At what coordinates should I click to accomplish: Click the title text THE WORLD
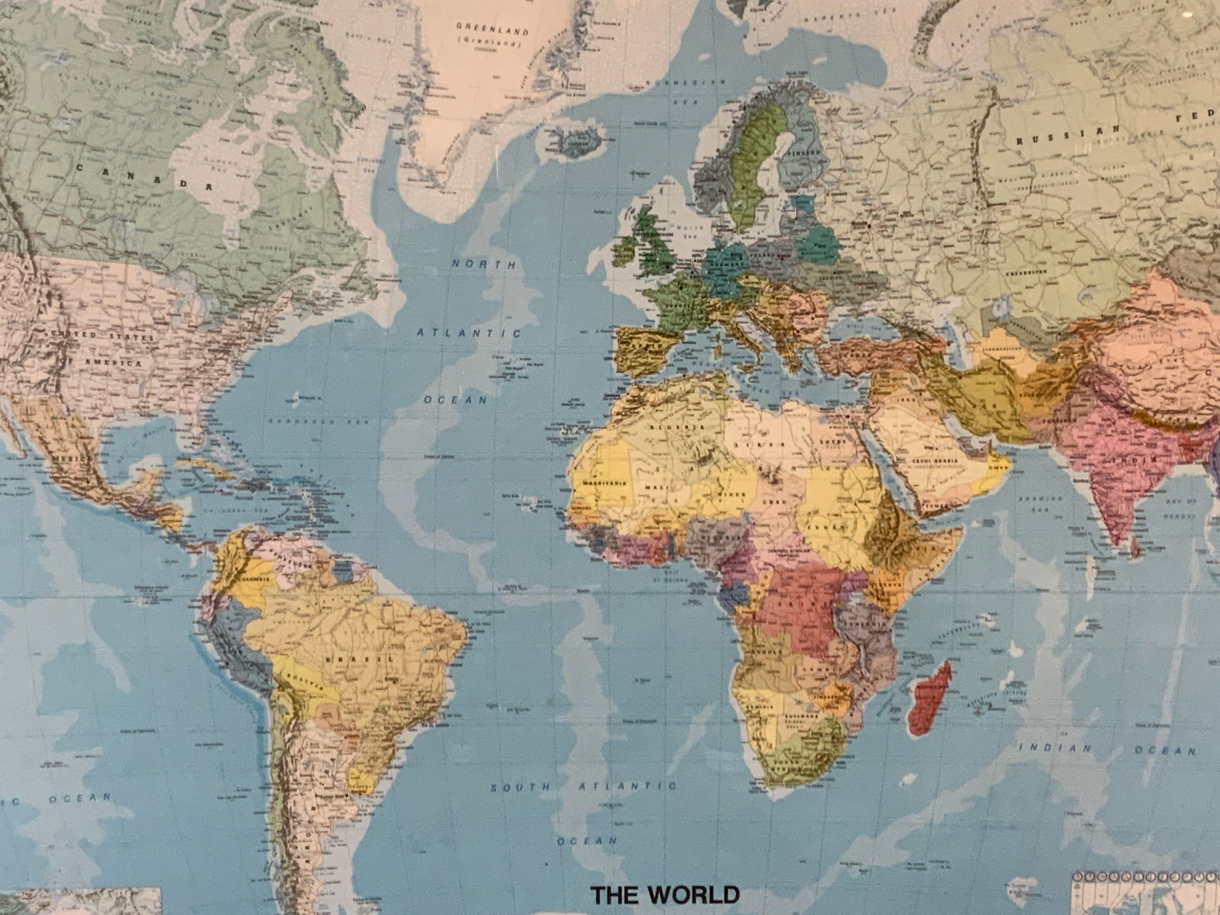coord(666,894)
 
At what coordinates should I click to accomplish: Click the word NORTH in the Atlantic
coord(483,264)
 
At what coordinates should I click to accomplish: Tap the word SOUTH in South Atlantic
coord(522,787)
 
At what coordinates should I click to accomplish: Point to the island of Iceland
coord(576,141)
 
